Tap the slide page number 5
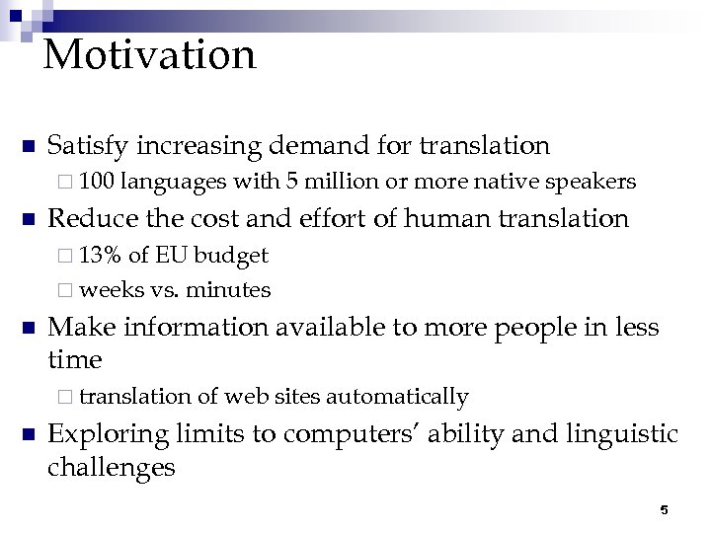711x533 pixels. [x=664, y=509]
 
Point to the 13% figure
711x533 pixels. [x=101, y=256]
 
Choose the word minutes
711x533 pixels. [x=228, y=289]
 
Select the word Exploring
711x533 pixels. [x=108, y=433]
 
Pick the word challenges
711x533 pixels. [x=112, y=467]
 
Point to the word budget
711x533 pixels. [x=231, y=256]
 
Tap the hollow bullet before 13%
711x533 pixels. [x=66, y=257]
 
